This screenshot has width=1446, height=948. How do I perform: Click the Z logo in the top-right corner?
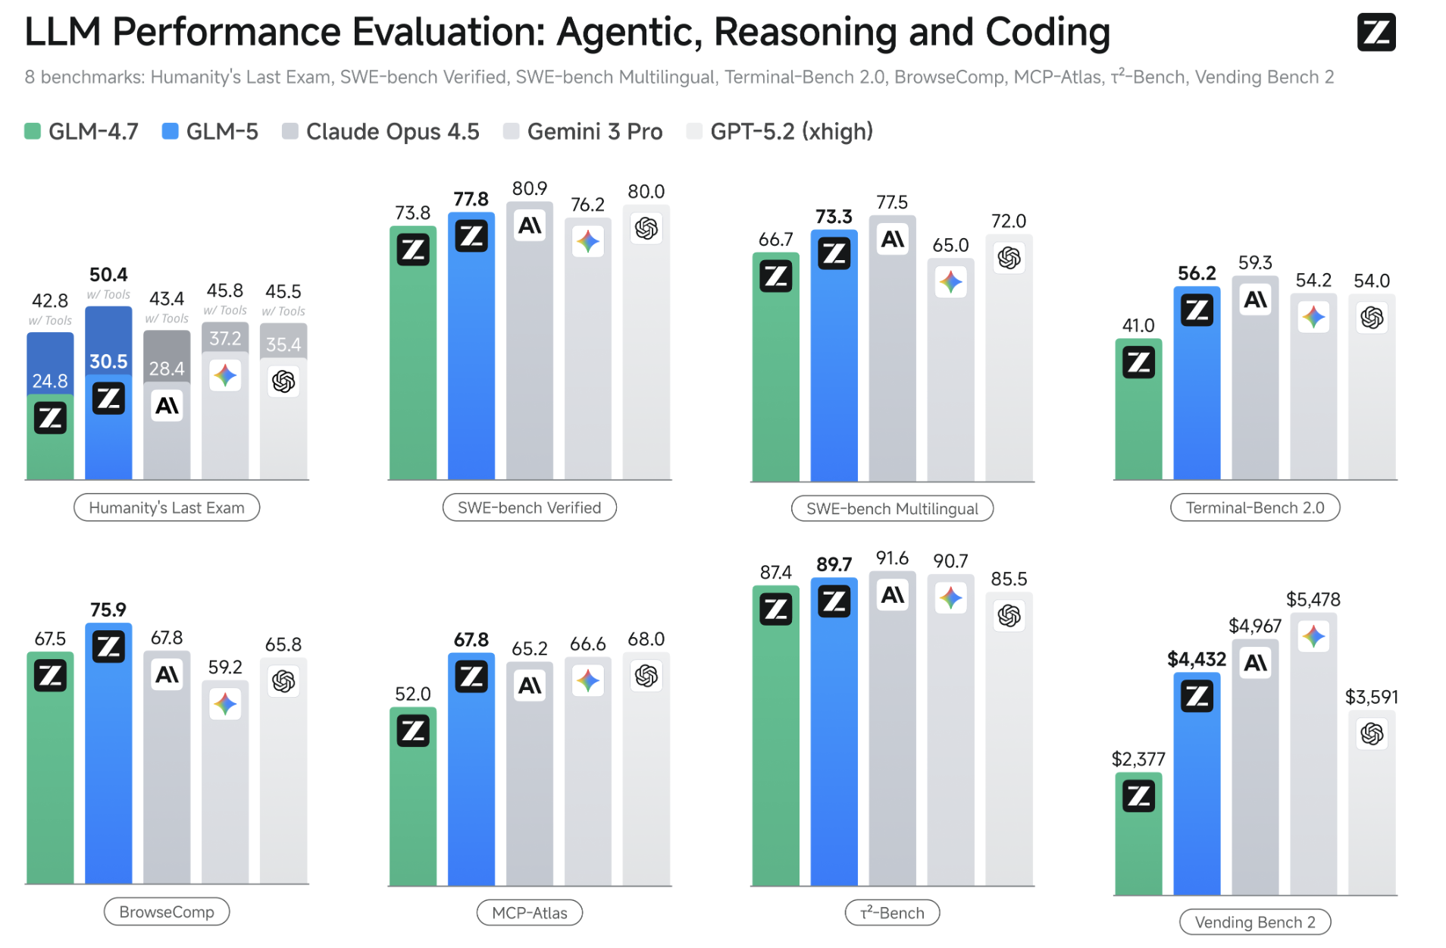pos(1376,33)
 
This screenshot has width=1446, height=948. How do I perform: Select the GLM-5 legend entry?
pos(210,132)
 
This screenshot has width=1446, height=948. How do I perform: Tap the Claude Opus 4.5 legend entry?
pos(380,132)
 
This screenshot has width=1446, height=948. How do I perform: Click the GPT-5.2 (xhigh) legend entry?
pos(780,132)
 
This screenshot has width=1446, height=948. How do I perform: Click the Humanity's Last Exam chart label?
pos(167,507)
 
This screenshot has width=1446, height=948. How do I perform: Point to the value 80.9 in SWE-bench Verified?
pos(529,188)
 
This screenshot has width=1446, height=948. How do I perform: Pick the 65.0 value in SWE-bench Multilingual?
pos(950,245)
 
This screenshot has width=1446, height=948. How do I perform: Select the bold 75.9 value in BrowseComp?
pos(108,610)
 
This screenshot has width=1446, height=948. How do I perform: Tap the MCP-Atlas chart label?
pos(529,912)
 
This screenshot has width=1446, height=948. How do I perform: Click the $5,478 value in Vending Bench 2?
pos(1313,599)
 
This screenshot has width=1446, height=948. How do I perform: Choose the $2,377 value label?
pos(1138,758)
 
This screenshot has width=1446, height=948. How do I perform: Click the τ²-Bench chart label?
pos(892,912)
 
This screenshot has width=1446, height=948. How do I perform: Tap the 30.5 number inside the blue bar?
pos(108,361)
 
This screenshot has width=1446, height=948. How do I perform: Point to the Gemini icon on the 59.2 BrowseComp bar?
pos(225,704)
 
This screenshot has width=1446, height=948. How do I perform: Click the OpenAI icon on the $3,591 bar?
pos(1371,733)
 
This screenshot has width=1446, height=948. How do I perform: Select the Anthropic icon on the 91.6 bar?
pos(892,595)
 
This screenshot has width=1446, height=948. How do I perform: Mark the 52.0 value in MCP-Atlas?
pos(412,694)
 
